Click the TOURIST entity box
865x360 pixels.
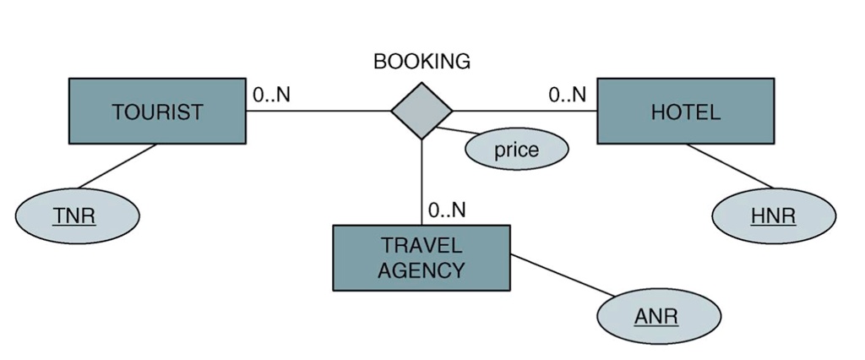[157, 112]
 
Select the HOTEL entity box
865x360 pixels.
[685, 112]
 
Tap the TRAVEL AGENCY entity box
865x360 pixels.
[421, 258]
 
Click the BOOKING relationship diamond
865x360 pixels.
[422, 110]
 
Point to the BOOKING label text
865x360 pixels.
[422, 62]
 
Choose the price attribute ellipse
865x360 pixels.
[516, 150]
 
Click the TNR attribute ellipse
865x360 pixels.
[76, 216]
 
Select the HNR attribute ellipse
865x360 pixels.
[774, 216]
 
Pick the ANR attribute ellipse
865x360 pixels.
[658, 318]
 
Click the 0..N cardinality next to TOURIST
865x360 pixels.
[271, 95]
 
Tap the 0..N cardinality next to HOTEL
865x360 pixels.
[567, 95]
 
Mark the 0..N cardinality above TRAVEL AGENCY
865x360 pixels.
[447, 210]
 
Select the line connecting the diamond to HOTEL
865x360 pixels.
[524, 111]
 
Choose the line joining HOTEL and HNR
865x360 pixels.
[729, 166]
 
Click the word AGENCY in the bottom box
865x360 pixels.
[421, 270]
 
